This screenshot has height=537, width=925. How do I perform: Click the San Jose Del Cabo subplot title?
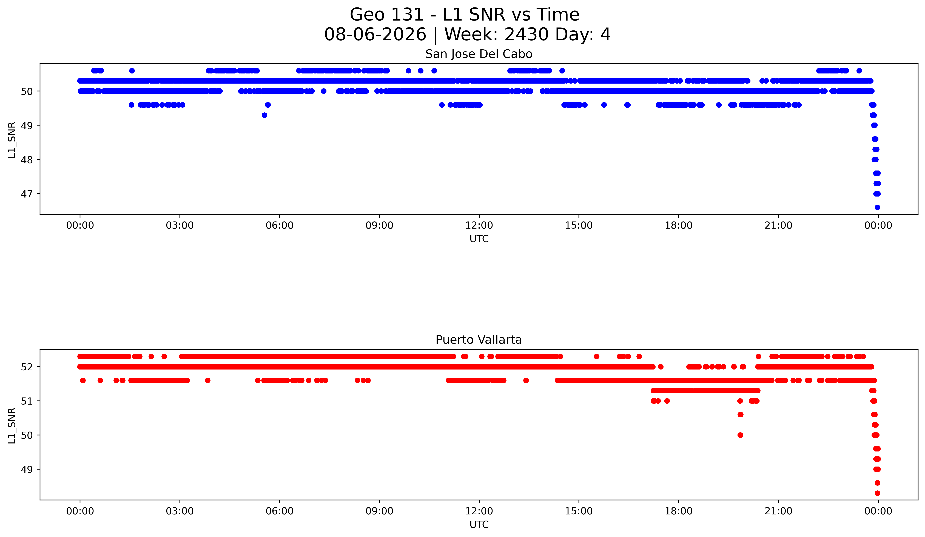(479, 54)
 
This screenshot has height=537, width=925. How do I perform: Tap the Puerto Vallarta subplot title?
(479, 340)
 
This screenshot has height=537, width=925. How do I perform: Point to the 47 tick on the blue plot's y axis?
(27, 194)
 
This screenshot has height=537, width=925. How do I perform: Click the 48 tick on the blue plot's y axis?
(27, 160)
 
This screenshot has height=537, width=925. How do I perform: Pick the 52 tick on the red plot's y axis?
(27, 367)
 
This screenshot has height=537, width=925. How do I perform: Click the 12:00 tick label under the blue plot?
(479, 225)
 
